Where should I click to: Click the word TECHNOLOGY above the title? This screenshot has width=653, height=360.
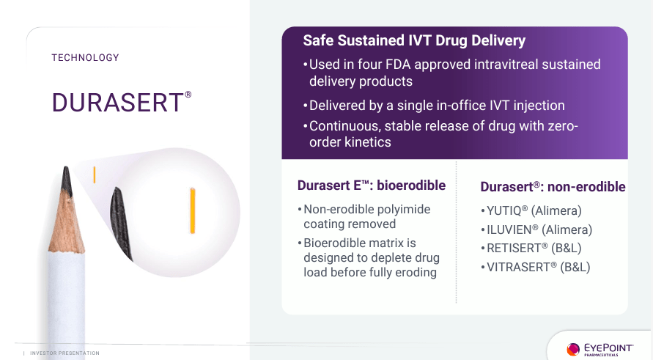point(85,58)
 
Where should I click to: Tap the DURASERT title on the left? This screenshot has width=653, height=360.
point(117,103)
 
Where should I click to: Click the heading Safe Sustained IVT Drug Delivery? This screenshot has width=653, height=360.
point(414,41)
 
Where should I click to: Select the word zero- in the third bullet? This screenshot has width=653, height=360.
point(562,126)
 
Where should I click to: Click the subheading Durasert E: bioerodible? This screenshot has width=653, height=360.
point(371,185)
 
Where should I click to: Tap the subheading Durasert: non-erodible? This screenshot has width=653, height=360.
point(553,187)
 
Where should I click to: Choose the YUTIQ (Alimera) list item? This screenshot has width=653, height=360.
point(535,211)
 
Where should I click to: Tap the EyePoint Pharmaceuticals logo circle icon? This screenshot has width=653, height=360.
point(573,349)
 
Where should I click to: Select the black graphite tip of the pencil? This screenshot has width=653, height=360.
point(67,180)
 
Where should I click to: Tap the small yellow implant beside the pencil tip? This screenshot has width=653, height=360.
point(94,175)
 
